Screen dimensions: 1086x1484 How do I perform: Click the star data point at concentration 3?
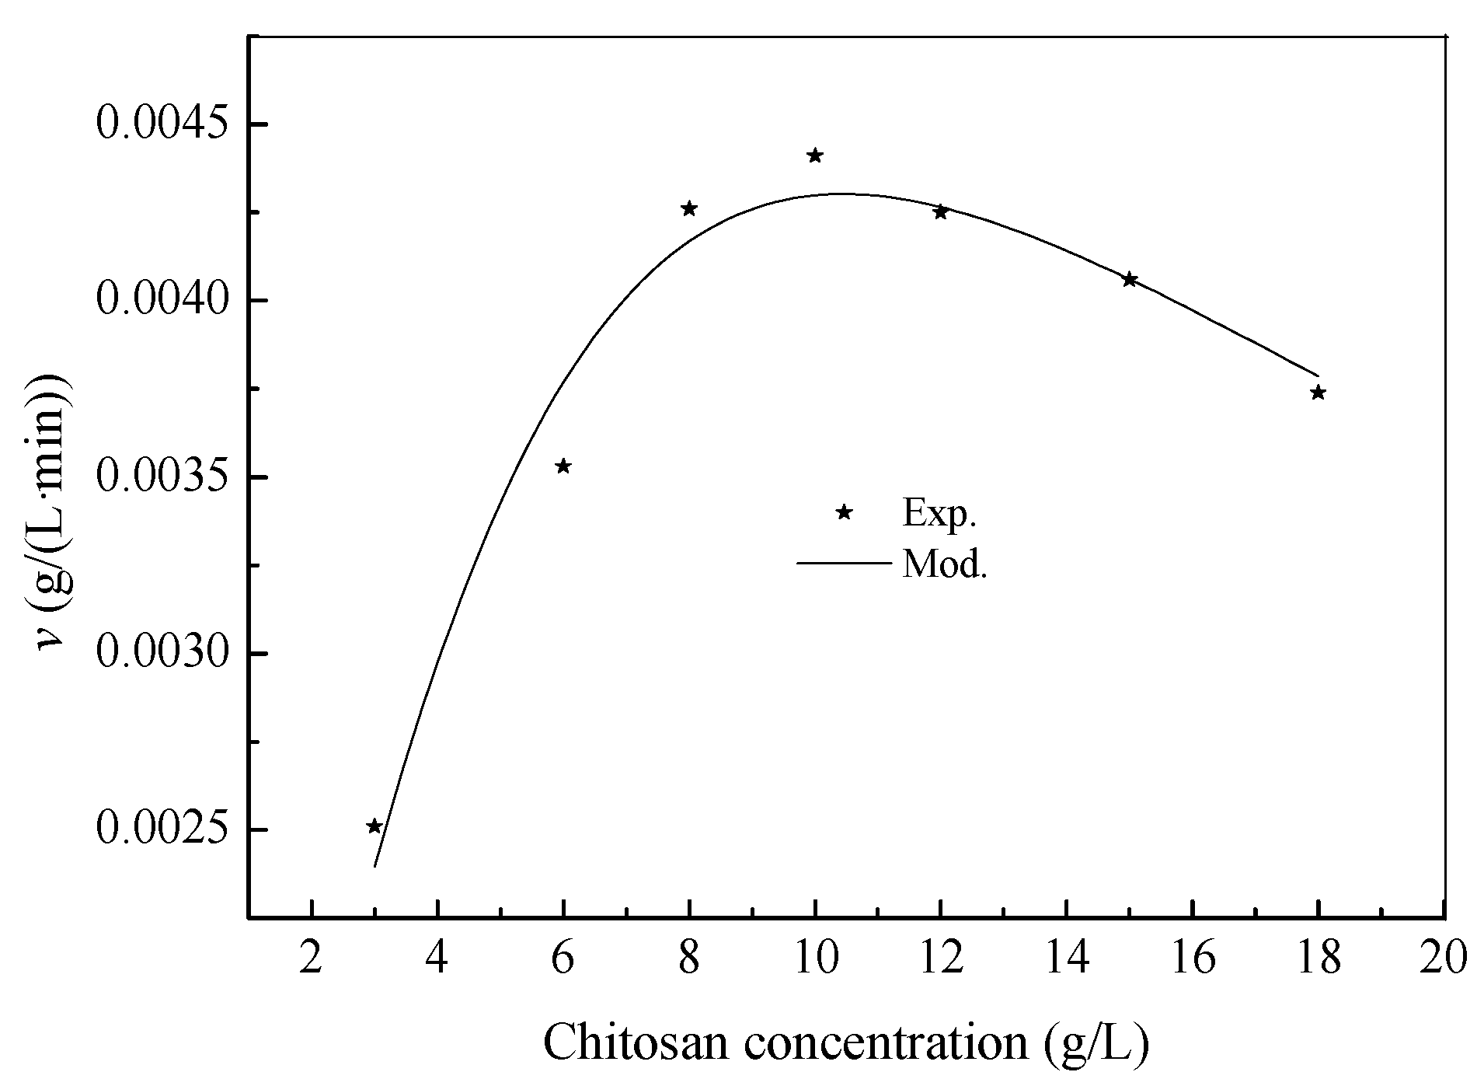point(374,826)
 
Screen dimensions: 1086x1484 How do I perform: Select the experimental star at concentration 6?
point(563,466)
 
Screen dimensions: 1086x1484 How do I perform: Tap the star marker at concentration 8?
point(689,208)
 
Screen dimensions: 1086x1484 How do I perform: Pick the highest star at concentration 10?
point(815,155)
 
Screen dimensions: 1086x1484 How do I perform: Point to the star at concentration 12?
point(941,211)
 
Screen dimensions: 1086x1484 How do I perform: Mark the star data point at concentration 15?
point(1130,280)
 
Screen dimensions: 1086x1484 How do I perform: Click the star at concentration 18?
point(1318,393)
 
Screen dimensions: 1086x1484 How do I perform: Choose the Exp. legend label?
point(939,513)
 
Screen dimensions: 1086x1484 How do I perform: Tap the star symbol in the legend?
point(845,512)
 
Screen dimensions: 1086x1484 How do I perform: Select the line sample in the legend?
point(843,562)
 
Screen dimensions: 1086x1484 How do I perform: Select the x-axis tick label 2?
point(312,958)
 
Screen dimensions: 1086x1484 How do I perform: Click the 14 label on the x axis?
point(1067,958)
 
